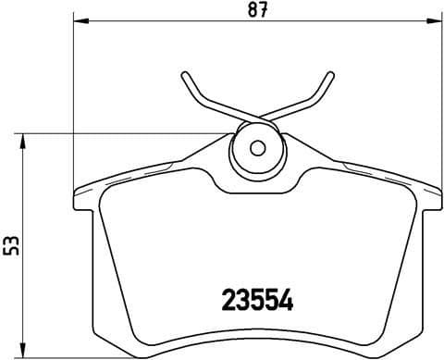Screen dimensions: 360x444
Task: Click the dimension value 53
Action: pos(13,245)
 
